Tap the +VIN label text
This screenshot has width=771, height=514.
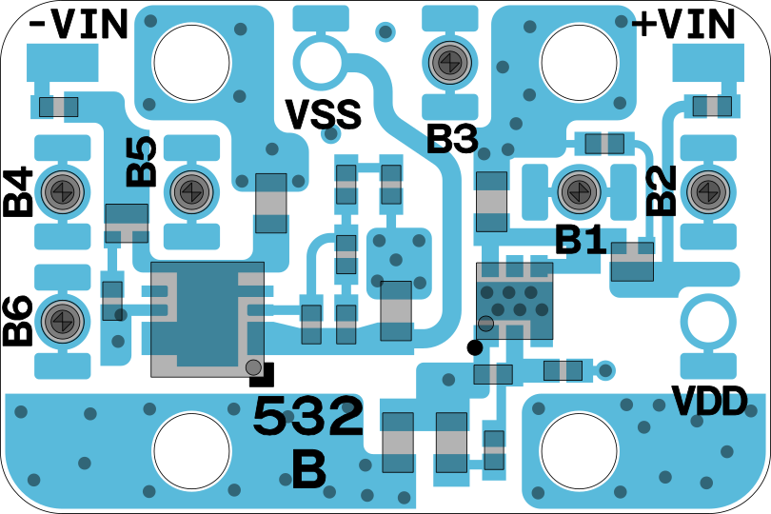(684, 24)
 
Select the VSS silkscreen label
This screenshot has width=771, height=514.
(324, 115)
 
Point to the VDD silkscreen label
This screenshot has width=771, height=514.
(709, 402)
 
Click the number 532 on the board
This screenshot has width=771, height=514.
(307, 416)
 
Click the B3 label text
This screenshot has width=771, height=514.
(451, 141)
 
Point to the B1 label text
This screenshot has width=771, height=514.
(581, 240)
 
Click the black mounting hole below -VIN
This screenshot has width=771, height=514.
(192, 62)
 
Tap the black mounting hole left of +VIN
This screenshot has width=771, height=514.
(579, 62)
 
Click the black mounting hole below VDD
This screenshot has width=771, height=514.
(579, 450)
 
